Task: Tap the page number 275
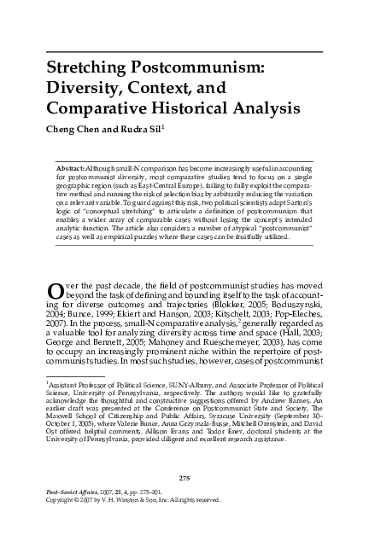pos(183,500)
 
